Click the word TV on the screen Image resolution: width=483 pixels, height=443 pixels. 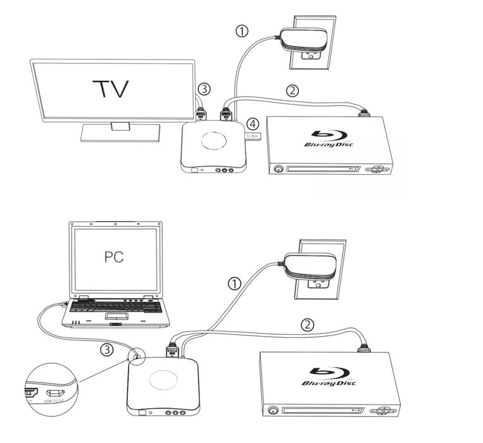coord(110,89)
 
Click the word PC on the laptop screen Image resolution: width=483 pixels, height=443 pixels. coord(113,257)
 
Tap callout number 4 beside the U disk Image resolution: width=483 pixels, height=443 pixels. coord(253,122)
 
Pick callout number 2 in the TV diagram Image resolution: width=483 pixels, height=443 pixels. coord(292,90)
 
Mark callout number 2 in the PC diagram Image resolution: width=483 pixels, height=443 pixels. coord(306,325)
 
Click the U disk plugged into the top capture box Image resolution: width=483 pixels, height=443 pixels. coord(253,135)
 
